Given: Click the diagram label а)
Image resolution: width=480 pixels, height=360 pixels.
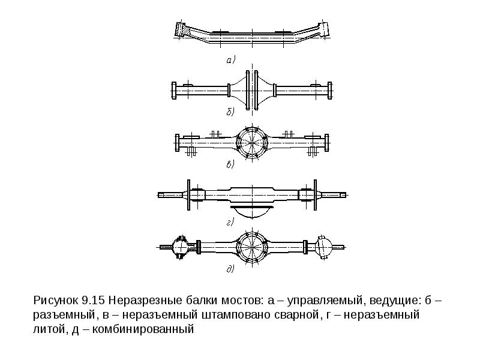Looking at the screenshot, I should [232, 59].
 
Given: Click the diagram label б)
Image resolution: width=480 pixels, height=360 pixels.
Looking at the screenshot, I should [230, 112].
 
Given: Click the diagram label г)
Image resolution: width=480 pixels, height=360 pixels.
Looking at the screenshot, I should [230, 221].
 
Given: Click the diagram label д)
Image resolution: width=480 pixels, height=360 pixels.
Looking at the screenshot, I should [230, 270].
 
